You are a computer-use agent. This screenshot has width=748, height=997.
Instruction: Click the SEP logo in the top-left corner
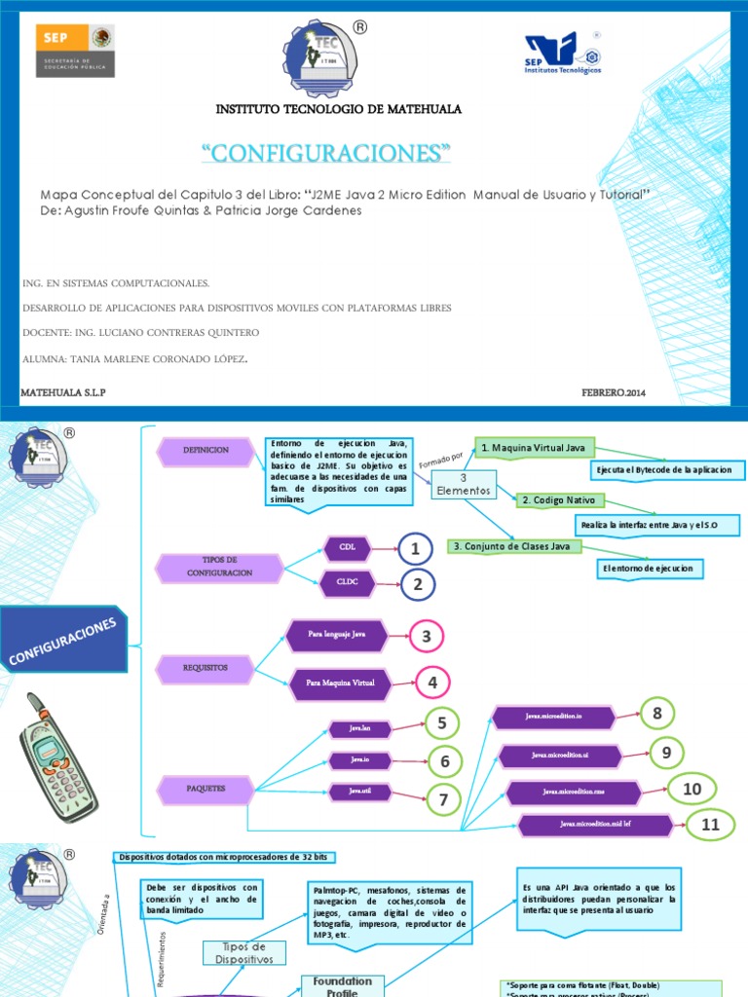(76, 50)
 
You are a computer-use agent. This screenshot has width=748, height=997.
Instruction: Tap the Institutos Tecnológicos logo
(563, 54)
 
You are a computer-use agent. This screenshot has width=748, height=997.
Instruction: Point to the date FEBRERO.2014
(614, 392)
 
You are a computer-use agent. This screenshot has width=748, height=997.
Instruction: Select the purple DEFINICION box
(206, 450)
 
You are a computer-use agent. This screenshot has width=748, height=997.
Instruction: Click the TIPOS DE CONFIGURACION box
(220, 567)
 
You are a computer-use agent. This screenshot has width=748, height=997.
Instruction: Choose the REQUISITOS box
(205, 668)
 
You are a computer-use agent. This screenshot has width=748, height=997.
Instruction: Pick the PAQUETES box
(206, 787)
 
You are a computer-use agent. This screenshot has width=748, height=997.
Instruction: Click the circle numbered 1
(415, 550)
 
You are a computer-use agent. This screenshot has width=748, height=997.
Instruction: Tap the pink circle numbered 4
(432, 683)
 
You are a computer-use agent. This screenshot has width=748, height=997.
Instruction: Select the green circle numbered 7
(443, 799)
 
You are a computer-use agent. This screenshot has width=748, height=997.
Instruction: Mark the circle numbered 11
(711, 825)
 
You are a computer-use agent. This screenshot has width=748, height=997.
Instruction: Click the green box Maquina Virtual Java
(535, 447)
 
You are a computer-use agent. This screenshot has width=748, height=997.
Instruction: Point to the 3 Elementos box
(464, 485)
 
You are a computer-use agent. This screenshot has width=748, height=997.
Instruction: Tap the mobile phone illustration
(56, 756)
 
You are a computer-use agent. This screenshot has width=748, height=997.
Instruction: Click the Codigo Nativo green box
(560, 500)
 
